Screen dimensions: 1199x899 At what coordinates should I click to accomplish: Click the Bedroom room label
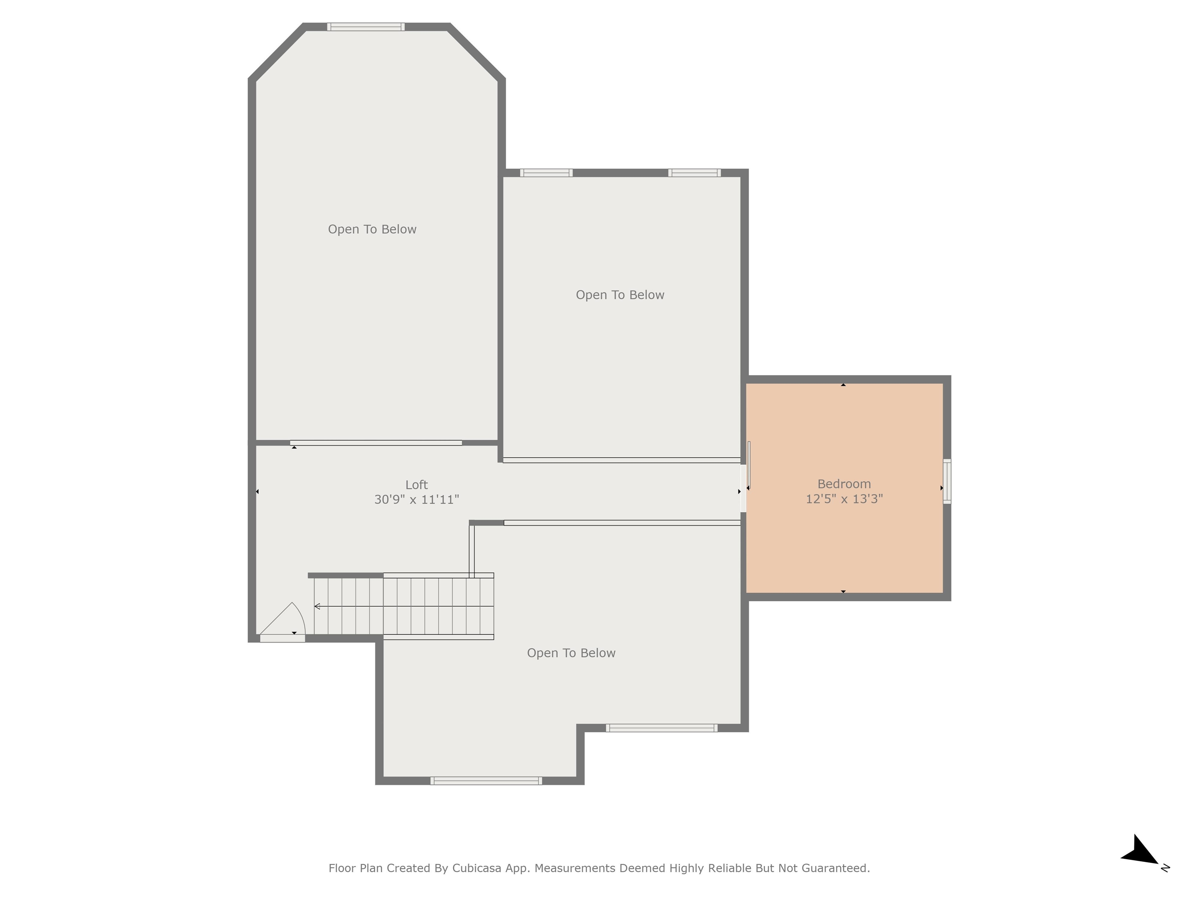tap(844, 484)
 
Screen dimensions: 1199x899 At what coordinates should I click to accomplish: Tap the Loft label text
tap(416, 485)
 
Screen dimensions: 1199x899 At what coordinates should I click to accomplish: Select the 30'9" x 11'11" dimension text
tap(416, 499)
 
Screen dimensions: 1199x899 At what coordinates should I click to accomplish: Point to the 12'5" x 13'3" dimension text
tap(844, 499)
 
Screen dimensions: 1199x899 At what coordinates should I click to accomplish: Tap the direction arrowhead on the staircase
tap(317, 606)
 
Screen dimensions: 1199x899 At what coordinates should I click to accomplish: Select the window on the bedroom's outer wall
tap(947, 481)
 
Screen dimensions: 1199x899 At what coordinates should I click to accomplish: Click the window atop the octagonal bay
tap(366, 27)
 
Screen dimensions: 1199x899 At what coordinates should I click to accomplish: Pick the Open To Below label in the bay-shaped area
tap(372, 229)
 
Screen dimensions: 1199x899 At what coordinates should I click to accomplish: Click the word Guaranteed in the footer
tap(836, 868)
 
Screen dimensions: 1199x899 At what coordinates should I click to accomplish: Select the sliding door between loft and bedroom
tap(744, 488)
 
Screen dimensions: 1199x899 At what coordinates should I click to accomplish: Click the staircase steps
tap(404, 606)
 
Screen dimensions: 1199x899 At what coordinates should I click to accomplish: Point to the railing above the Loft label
tap(375, 443)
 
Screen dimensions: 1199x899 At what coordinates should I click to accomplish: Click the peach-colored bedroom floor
tap(844, 542)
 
